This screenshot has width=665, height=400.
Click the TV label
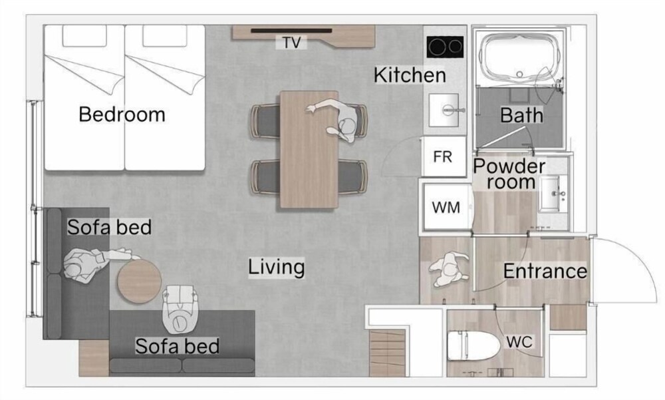tap(291, 43)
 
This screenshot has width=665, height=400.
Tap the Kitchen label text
tap(410, 75)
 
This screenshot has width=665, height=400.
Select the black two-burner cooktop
tap(445, 47)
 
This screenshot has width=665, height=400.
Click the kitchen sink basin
tap(444, 110)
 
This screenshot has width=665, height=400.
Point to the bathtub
tap(520, 58)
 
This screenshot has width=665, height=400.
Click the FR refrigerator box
tap(444, 156)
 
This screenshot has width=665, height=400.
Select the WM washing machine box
tap(446, 207)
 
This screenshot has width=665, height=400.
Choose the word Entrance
tap(545, 271)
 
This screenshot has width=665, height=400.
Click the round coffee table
tap(139, 282)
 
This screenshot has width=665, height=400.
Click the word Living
tap(277, 267)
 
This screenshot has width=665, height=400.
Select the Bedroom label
tap(122, 114)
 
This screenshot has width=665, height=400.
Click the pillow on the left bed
tap(84, 36)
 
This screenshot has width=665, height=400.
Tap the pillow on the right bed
tap(165, 36)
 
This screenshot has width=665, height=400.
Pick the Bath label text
tap(521, 115)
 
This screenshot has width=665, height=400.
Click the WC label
tap(519, 342)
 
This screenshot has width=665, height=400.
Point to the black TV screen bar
tap(291, 31)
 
